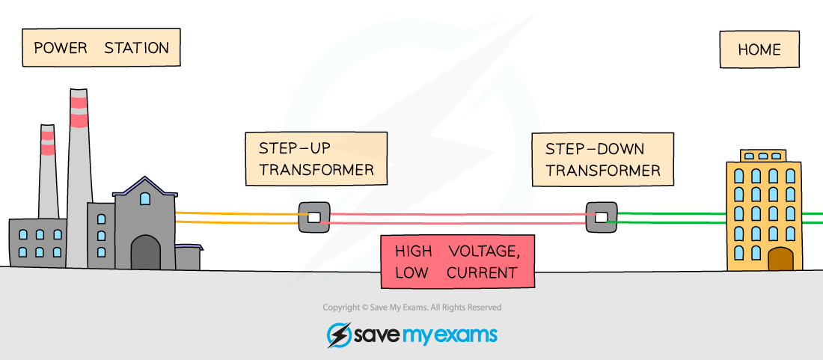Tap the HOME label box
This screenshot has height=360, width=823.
[759, 50]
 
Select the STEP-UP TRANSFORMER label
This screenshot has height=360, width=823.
[316, 158]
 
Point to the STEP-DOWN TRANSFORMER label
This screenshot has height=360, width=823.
[602, 159]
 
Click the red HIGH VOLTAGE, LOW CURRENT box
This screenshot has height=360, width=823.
[457, 261]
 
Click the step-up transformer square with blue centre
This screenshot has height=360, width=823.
[314, 217]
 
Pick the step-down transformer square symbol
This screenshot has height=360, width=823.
[601, 217]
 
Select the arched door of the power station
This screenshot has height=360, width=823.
[145, 253]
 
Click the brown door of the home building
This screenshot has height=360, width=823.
[780, 259]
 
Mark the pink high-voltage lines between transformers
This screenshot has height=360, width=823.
[456, 218]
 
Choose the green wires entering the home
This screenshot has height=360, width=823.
[670, 217]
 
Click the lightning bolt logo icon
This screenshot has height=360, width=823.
[339, 335]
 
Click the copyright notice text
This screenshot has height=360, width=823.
[411, 308]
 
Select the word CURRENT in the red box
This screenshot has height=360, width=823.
[482, 272]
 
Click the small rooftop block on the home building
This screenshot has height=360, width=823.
[762, 156]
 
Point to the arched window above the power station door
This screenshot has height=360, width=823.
[145, 198]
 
